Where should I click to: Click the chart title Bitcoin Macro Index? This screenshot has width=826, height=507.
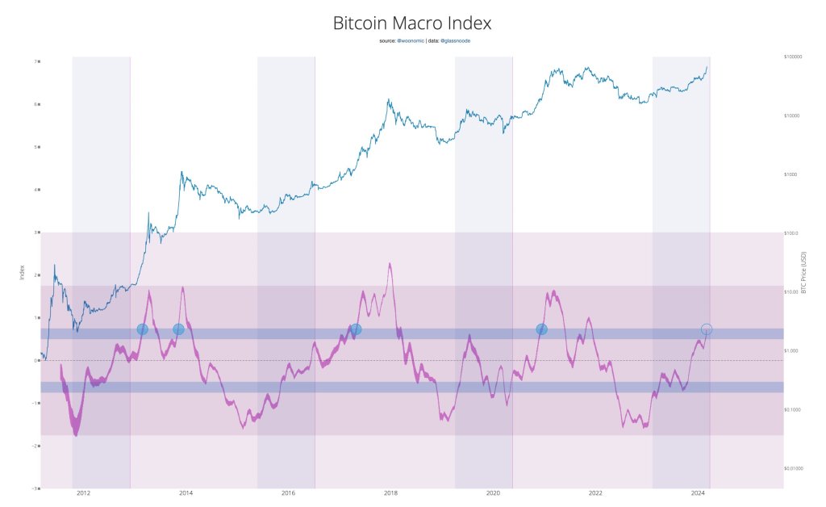coord(412,23)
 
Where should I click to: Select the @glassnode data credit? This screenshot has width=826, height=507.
coord(454,40)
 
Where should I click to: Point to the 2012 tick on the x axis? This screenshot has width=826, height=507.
coord(83,493)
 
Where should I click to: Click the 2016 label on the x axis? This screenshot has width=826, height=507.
coord(288,493)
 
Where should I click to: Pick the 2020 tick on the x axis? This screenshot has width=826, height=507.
coord(493,493)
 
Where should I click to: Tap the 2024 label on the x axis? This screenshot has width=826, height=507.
coord(698,493)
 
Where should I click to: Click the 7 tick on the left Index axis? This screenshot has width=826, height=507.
coord(35,61)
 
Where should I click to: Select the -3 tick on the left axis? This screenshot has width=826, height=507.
coord(35,488)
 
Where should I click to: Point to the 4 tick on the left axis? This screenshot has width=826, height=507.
coord(35,190)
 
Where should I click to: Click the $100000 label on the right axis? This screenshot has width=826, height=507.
coord(794,57)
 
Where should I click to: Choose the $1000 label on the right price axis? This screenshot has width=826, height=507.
coord(792,174)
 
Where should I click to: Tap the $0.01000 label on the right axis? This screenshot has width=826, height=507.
coord(795,467)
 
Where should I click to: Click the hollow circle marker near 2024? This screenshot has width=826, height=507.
coord(707,329)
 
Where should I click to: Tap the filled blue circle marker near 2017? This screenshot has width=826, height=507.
coord(356,329)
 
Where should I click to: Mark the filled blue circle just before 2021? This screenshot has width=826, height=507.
coord(541,329)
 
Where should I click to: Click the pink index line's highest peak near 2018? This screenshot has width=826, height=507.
coord(390,264)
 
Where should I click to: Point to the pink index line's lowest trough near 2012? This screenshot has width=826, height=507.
coord(77,434)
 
